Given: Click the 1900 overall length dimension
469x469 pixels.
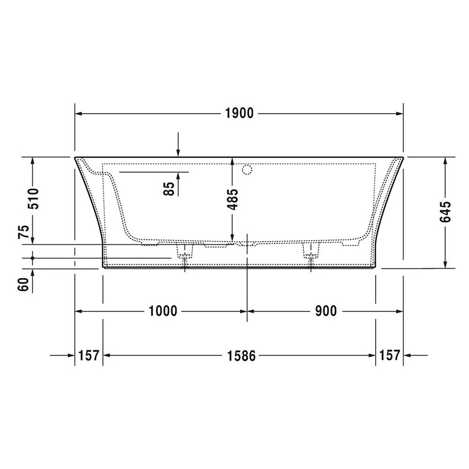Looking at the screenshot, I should (239, 114).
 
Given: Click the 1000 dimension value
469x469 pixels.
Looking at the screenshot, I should (163, 311).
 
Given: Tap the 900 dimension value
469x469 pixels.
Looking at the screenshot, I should (326, 311).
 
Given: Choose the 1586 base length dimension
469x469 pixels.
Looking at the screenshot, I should (241, 356).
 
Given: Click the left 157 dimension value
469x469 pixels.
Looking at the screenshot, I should (89, 356).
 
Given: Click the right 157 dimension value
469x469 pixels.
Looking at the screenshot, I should (390, 356).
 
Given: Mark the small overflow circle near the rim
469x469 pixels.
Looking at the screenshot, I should (248, 169).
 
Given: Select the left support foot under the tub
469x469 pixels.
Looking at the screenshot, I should (185, 253).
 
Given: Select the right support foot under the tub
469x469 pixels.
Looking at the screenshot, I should (311, 252).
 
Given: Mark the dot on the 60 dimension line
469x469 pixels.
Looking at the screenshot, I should (34, 258).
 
